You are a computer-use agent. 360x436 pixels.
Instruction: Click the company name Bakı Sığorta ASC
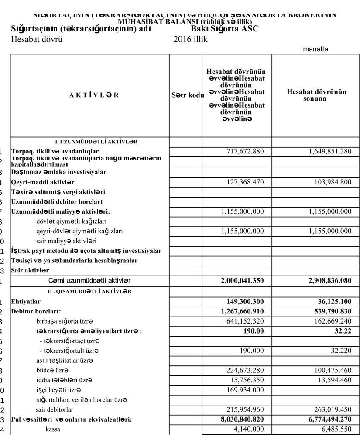[225, 29]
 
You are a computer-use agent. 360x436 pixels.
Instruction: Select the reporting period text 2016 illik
[190, 39]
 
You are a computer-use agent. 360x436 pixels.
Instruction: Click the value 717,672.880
[245, 151]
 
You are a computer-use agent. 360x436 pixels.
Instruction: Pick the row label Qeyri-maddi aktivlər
[42, 182]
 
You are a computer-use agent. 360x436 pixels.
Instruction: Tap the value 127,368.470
[245, 182]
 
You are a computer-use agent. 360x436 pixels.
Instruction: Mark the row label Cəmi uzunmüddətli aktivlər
[89, 280]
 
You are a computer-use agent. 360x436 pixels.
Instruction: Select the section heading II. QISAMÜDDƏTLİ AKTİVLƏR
[89, 291]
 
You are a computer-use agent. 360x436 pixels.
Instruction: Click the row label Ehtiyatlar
[27, 301]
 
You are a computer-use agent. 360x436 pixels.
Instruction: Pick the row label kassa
[53, 429]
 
